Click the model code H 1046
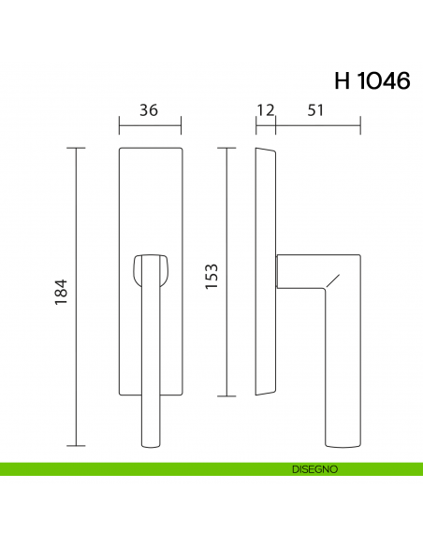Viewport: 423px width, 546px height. [x=371, y=80]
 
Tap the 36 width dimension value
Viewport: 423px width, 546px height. [x=148, y=109]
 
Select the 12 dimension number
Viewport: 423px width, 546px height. [x=265, y=109]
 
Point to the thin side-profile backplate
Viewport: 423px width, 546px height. [x=266, y=271]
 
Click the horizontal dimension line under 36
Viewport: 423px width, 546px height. [x=150, y=123]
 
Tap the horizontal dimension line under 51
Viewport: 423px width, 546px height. [x=318, y=123]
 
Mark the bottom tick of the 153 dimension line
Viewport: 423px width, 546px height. [x=225, y=395]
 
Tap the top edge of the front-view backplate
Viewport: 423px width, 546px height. [x=150, y=148]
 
